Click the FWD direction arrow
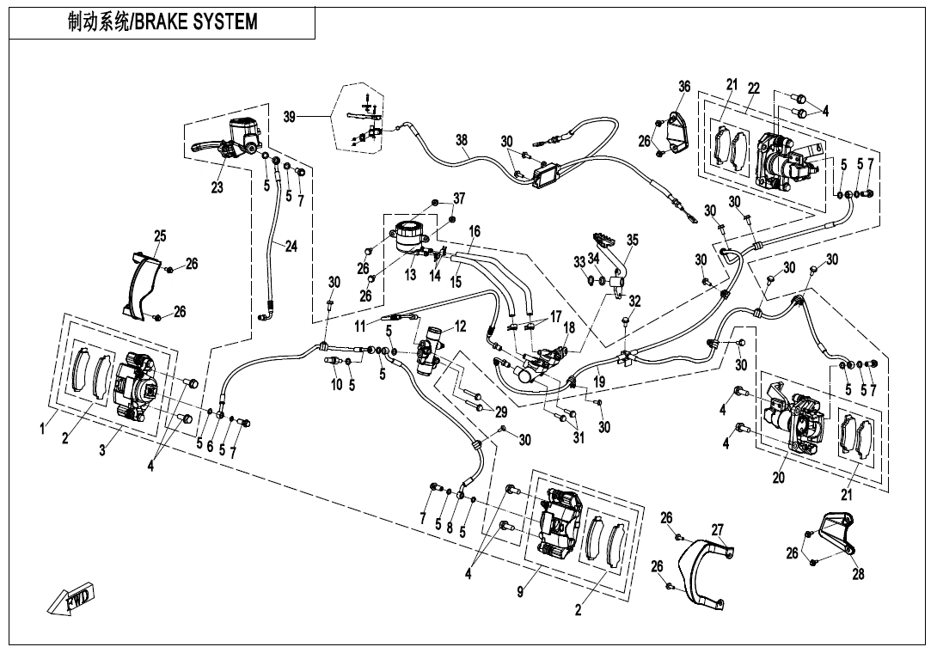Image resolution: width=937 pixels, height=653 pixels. tap(72, 598)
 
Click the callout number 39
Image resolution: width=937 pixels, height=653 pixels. tap(291, 116)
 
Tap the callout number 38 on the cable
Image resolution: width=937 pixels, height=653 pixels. tap(462, 139)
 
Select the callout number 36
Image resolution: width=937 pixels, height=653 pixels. tap(684, 86)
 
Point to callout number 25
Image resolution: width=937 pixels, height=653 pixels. tap(160, 236)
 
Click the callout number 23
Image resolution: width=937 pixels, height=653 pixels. tap(217, 187)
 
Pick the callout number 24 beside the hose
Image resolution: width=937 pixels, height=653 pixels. tap(291, 247)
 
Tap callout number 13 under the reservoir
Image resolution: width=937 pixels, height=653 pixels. tap(410, 275)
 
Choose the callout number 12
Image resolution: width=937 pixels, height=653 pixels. tap(461, 326)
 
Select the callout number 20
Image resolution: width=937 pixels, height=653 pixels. tap(778, 479)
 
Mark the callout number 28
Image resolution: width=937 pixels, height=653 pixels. tap(858, 574)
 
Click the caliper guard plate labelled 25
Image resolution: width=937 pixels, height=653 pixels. tap(140, 284)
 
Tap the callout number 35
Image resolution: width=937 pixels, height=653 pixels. tap(633, 241)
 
